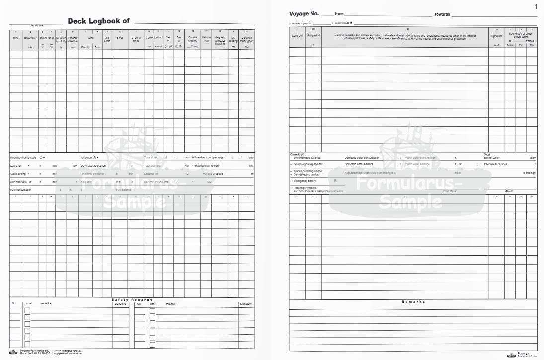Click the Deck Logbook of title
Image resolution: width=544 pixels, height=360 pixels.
coord(98,21)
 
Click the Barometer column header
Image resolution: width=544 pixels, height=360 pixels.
coord(30,37)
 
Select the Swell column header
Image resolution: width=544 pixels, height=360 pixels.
coord(120,37)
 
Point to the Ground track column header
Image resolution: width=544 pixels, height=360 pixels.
coord(136,39)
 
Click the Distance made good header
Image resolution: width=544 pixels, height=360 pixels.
coord(246,39)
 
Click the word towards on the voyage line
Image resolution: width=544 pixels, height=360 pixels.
coord(442,14)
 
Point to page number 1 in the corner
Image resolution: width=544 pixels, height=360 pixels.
coord(536,6)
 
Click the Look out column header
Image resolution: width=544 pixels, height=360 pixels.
coord(297,36)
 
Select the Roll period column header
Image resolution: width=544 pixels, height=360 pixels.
coord(313,36)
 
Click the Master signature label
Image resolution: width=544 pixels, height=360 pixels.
coord(508,190)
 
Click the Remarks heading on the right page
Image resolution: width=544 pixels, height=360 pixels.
coord(413,301)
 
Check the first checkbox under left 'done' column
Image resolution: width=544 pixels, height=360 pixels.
coord(27,311)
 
